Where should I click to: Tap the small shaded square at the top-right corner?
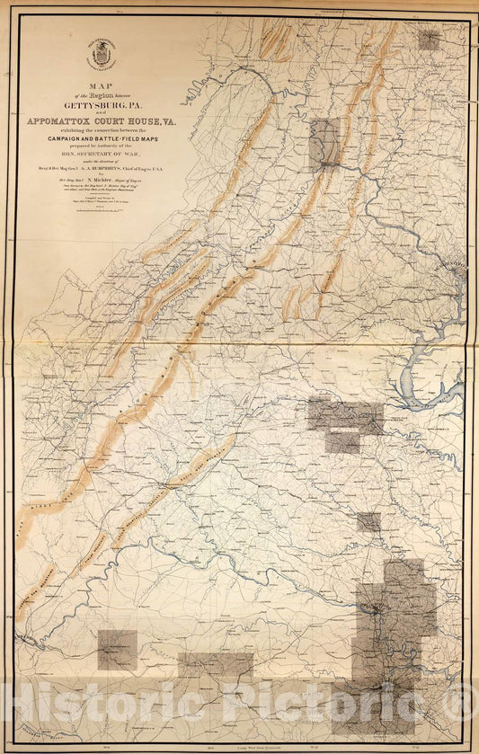tap(430, 40)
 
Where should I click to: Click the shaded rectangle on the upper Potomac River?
tap(324, 144)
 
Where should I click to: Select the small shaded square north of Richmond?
tap(368, 521)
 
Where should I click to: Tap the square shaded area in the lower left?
tap(118, 650)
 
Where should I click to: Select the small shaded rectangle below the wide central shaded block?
tap(342, 442)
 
